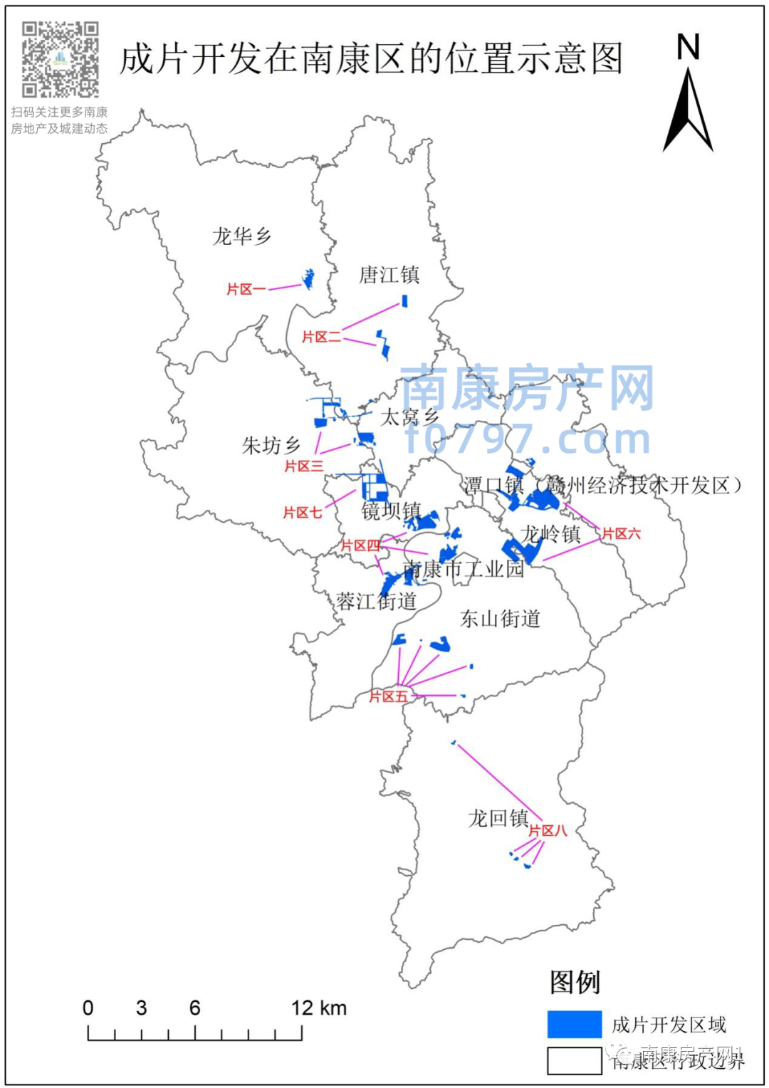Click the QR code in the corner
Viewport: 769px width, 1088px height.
coord(60,59)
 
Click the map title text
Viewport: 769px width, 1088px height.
coord(371,58)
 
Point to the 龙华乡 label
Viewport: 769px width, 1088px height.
coord(242,236)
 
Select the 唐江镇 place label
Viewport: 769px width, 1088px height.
coord(389,275)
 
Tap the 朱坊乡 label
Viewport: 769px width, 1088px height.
coord(271,446)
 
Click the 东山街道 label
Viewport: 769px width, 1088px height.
coord(500,618)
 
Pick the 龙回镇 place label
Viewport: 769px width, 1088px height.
coord(498,818)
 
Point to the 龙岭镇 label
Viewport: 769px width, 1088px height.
coord(551,534)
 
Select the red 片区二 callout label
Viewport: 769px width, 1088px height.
coord(321,337)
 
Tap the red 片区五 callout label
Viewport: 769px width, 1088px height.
coord(388,696)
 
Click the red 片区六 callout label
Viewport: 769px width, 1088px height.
coord(621,534)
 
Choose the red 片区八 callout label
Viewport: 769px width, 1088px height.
coord(547,831)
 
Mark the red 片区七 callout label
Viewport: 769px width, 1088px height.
coord(303,513)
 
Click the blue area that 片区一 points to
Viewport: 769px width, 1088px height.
coord(308,278)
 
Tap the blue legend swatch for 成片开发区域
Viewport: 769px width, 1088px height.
coord(574,1024)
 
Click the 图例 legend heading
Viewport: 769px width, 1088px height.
coord(575,983)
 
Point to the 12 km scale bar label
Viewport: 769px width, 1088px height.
coord(318,1008)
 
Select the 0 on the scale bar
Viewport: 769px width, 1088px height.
coord(88,1008)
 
